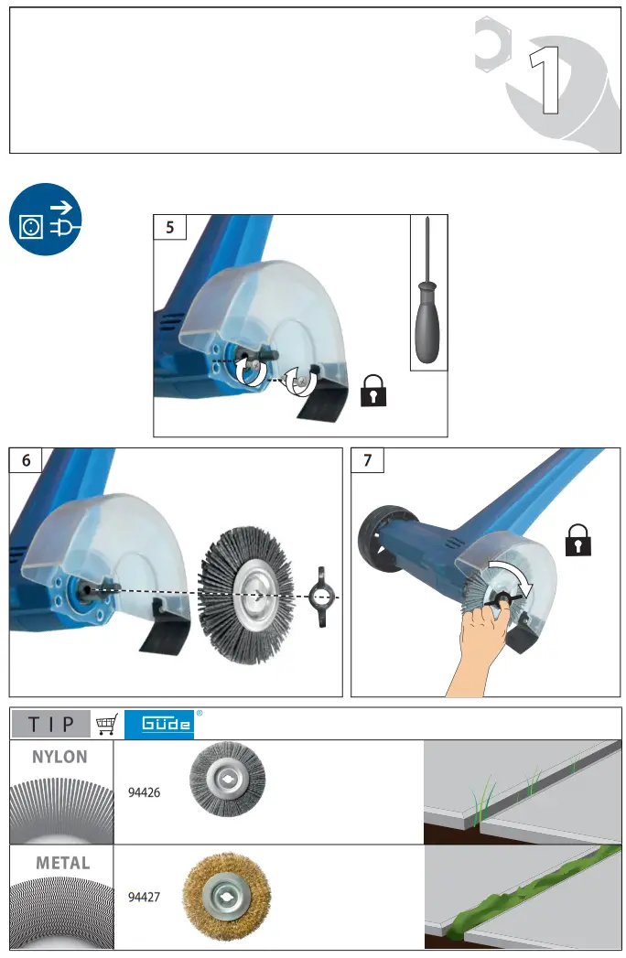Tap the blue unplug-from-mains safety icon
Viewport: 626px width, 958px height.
pos(46,221)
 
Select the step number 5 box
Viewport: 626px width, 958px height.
pos(170,228)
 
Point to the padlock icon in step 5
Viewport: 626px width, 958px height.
pos(373,391)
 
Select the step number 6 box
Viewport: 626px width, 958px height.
pos(26,460)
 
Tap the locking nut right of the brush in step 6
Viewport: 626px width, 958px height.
pos(322,597)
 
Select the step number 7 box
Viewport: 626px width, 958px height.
pos(368,460)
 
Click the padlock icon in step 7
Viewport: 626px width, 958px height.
pos(577,541)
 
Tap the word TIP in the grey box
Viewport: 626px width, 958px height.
pos(50,724)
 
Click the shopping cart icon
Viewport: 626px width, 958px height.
pos(107,724)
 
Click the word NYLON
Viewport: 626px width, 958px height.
pos(60,757)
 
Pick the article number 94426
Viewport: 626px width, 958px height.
pos(144,792)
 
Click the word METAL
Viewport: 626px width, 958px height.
pos(62,862)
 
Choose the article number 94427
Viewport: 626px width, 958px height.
pos(144,898)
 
